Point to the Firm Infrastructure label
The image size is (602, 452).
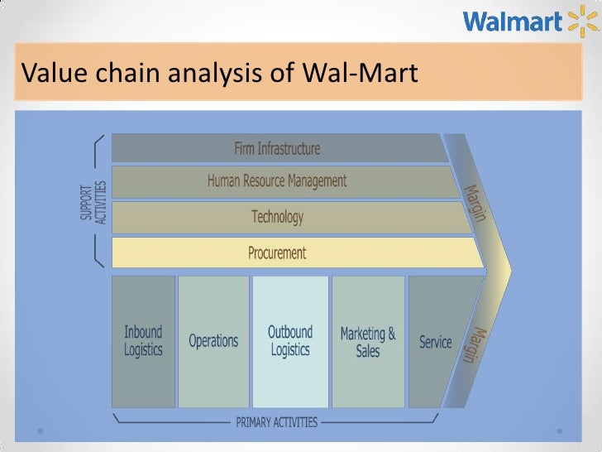(277, 149)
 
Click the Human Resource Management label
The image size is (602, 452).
(277, 180)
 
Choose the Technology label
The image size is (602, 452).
(277, 217)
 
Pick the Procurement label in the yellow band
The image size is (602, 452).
(277, 252)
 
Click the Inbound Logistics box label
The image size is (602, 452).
(143, 340)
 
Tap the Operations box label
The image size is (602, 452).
(213, 340)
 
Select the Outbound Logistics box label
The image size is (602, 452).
(290, 340)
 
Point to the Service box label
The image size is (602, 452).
(436, 341)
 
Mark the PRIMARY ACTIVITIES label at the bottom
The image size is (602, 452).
(276, 422)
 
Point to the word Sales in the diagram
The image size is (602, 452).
(368, 351)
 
